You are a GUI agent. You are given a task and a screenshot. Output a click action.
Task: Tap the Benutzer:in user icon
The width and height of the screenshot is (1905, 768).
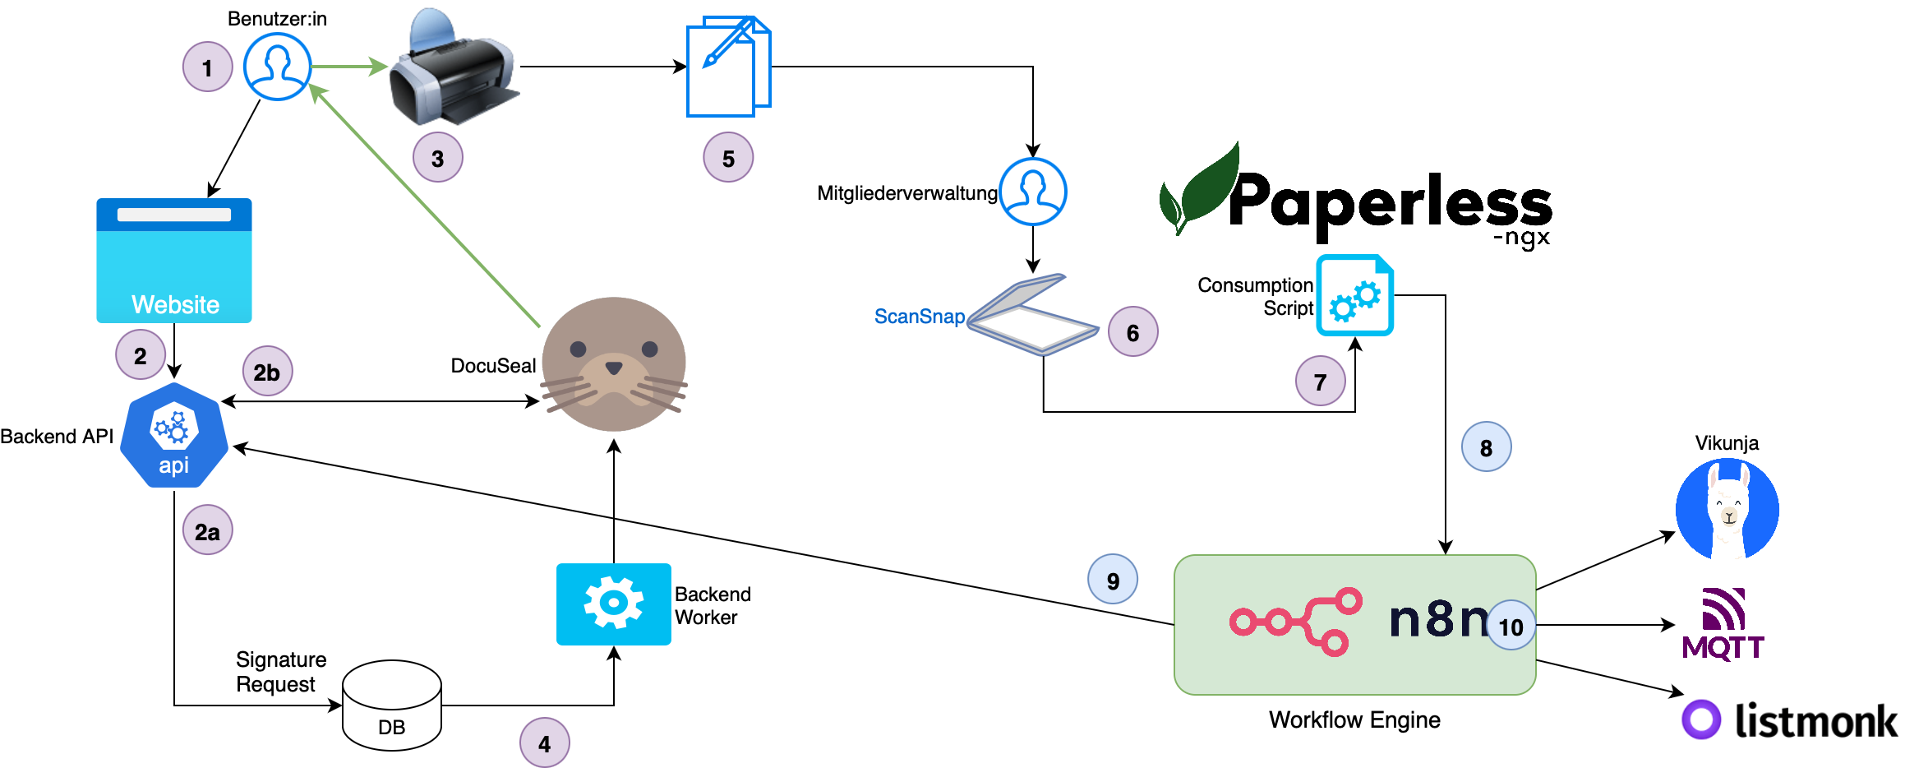(277, 67)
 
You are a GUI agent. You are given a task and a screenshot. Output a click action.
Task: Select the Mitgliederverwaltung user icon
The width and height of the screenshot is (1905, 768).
(1033, 192)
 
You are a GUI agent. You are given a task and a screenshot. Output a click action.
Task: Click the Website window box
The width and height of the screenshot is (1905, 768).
(174, 261)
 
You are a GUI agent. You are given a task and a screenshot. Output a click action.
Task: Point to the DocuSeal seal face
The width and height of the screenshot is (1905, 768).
(614, 364)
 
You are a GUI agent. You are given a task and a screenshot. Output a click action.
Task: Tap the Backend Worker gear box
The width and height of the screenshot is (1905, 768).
(613, 604)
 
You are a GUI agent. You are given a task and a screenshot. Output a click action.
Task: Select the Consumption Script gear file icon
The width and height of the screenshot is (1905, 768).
(1354, 295)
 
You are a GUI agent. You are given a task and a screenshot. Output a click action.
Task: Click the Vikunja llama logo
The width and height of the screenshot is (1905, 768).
(1727, 509)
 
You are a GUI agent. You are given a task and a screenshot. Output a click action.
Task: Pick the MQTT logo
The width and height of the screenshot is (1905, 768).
(1723, 625)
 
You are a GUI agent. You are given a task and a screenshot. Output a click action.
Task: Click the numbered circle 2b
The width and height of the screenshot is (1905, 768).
(267, 372)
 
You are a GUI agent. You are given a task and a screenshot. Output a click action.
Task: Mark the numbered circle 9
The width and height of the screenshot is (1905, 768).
(1113, 580)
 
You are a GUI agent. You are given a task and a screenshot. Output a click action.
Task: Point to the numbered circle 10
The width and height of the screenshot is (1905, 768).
(1511, 626)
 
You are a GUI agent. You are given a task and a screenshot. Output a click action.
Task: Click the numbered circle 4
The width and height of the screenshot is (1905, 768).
(544, 743)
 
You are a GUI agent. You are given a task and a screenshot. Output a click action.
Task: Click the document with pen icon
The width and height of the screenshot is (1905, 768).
(728, 67)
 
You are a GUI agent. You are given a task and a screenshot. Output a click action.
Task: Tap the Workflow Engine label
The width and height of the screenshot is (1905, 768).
(1354, 720)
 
